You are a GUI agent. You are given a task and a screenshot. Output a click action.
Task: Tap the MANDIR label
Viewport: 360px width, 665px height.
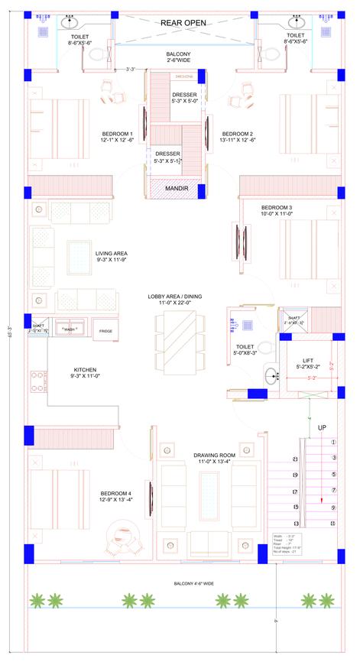coord(177,187)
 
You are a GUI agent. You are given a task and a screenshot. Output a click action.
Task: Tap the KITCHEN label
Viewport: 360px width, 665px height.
coord(85,371)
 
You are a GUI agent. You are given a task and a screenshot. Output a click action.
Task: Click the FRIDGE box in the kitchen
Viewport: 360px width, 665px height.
coord(105,330)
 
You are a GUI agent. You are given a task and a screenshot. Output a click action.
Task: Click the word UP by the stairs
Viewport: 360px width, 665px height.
coord(322,428)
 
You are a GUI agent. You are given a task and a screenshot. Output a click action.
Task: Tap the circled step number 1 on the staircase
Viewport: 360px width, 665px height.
coord(332,442)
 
